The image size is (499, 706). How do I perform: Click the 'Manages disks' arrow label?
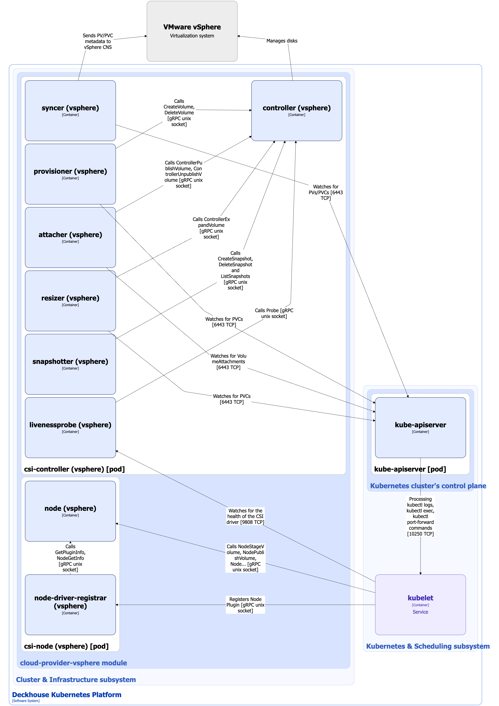[282, 41]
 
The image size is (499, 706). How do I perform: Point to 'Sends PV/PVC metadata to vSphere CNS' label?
[98, 41]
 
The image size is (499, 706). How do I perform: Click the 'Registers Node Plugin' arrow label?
[245, 605]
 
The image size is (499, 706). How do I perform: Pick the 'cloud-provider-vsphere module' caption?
[73, 663]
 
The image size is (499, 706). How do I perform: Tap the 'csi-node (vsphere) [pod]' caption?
[66, 646]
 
